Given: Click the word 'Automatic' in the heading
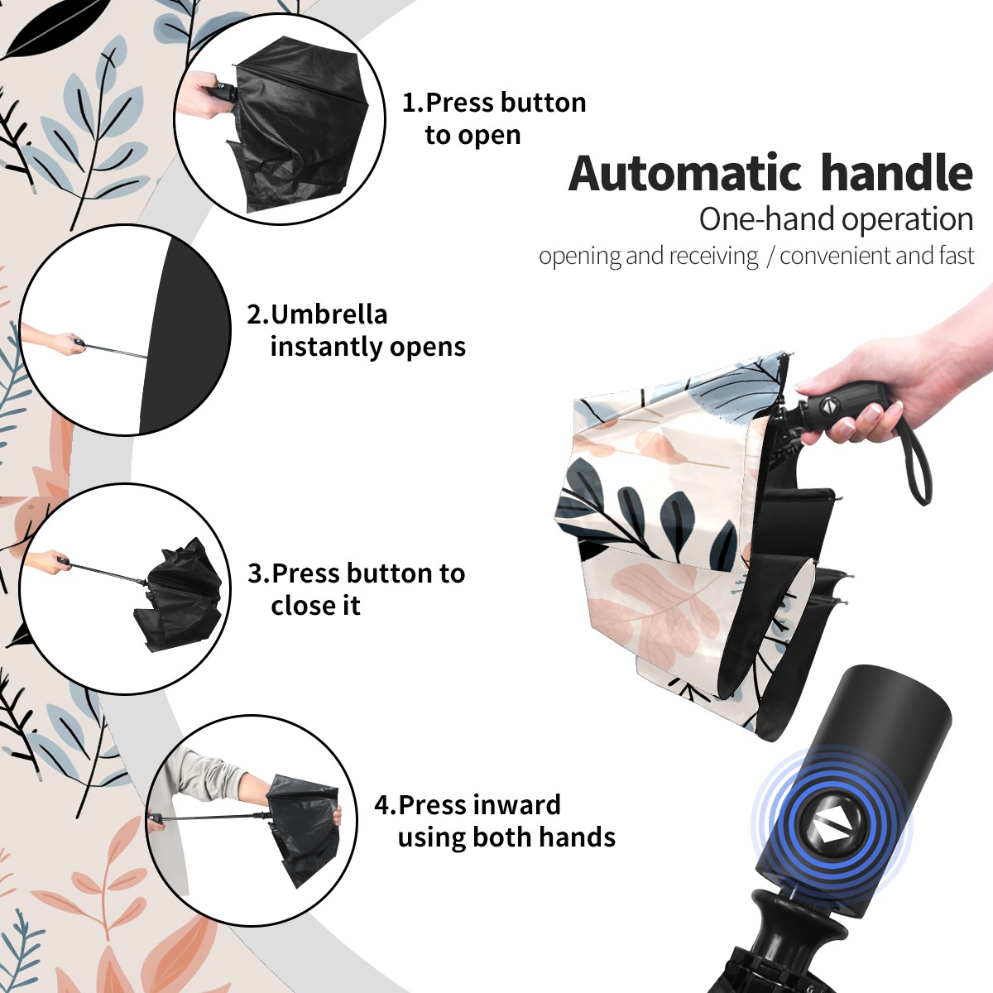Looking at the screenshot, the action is tap(685, 173).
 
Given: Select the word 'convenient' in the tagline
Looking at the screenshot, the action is tap(835, 256).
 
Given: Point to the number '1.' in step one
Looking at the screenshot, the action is tap(413, 103).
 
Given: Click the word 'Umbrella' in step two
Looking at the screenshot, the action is tap(329, 314).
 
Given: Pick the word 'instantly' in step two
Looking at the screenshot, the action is tap(327, 347).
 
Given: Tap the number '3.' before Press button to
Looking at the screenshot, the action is tap(259, 573).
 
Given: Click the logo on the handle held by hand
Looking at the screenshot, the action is tap(827, 405).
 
